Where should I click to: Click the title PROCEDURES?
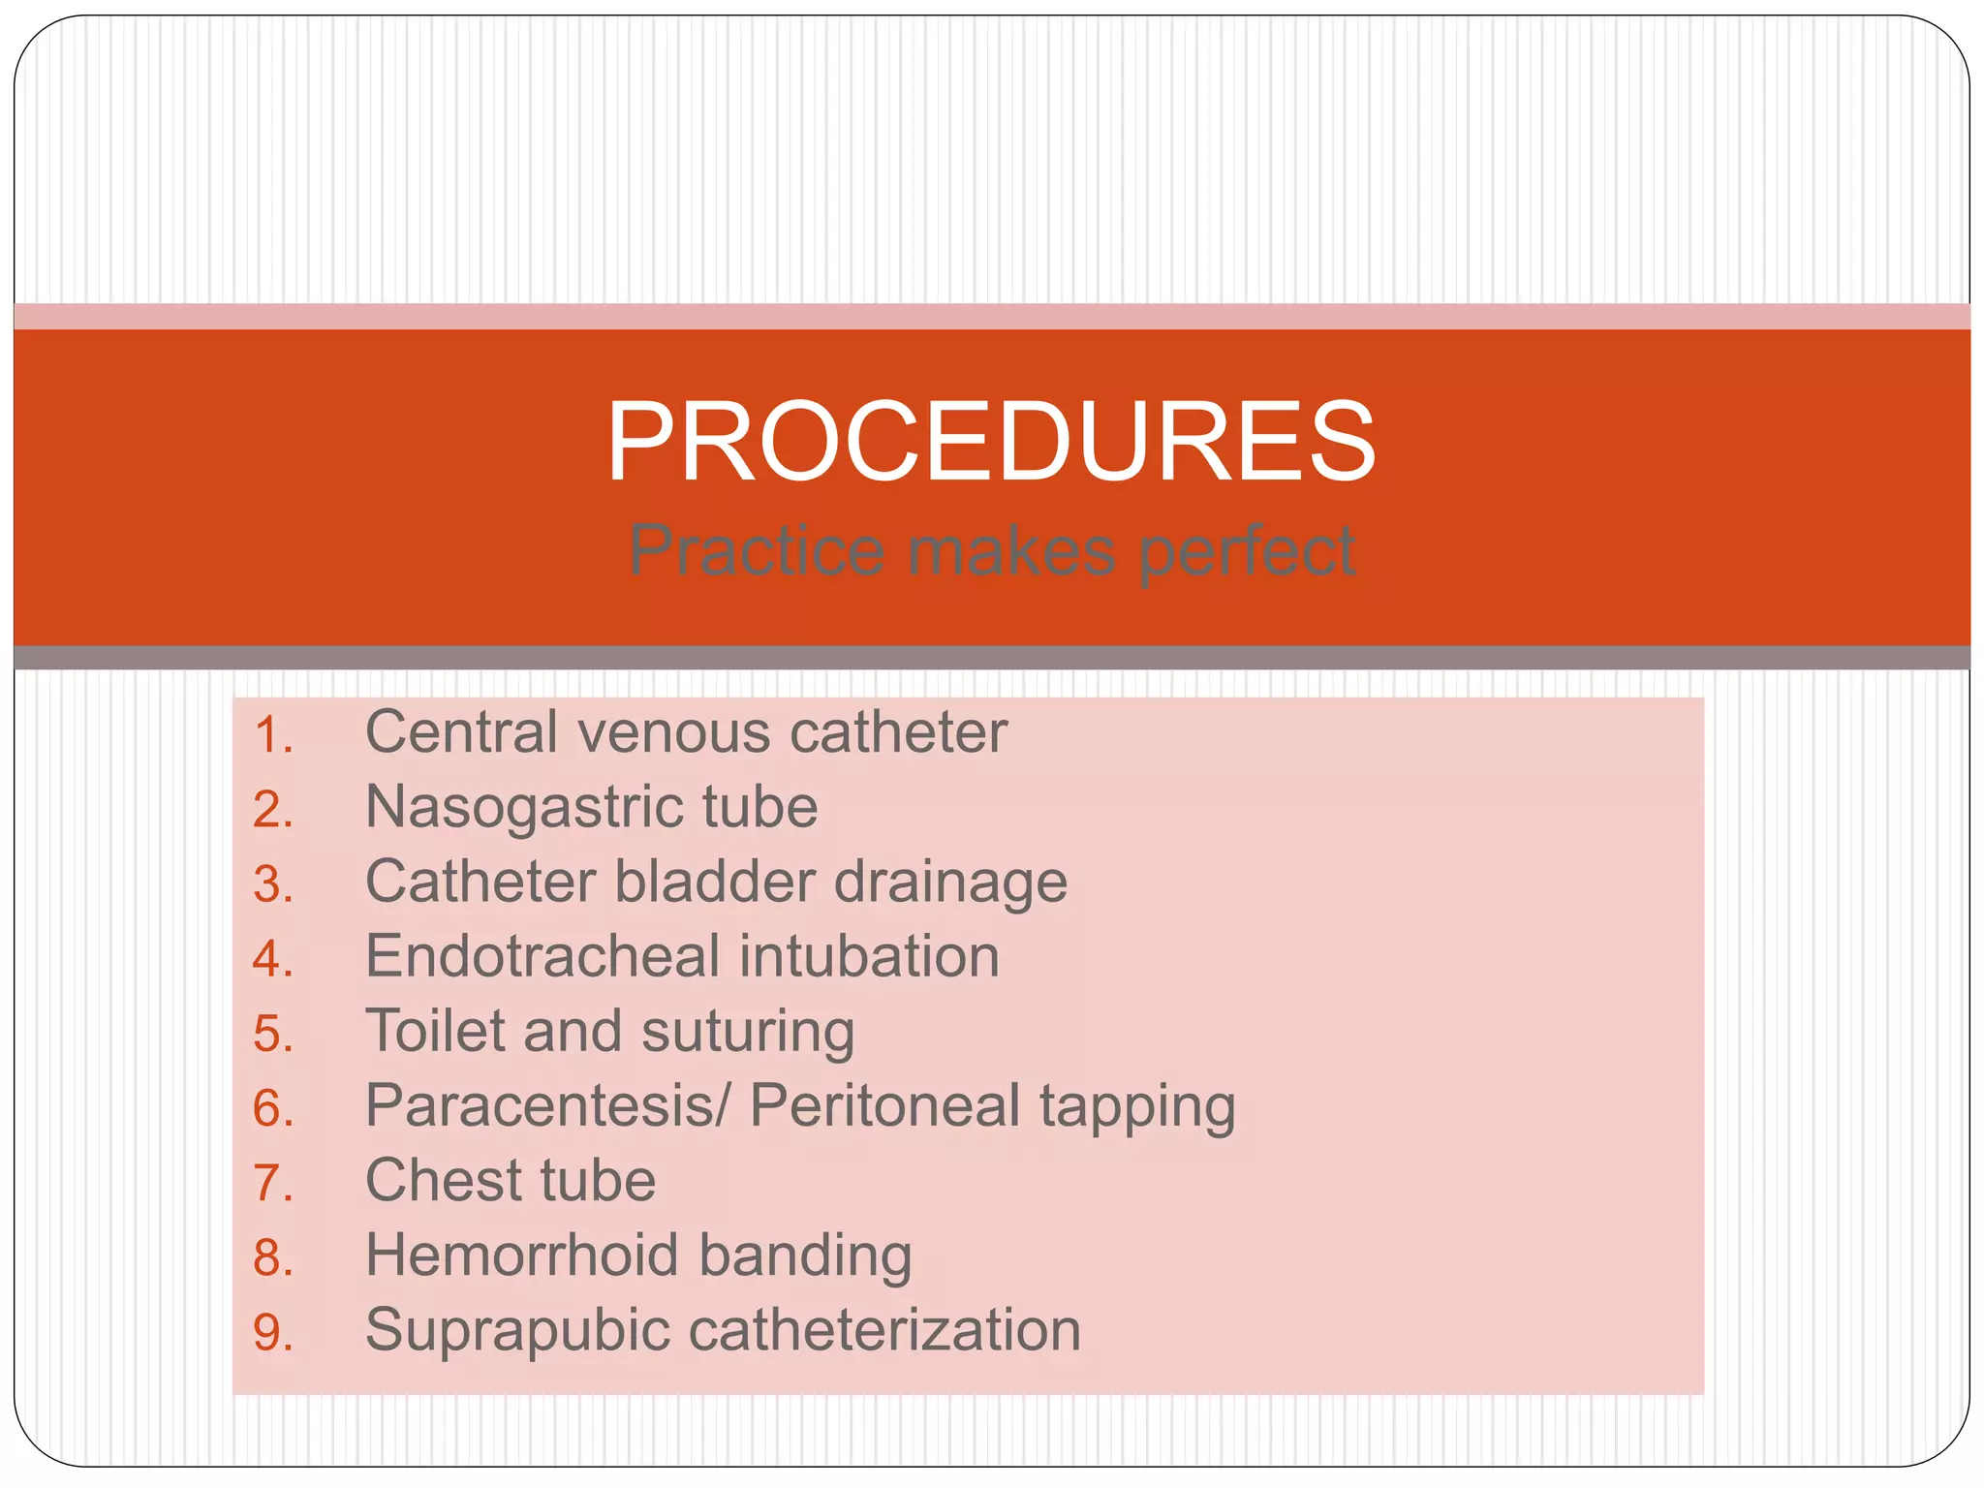click(990, 442)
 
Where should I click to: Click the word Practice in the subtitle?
click(757, 550)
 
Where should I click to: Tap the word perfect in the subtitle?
click(1247, 550)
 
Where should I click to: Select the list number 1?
click(272, 734)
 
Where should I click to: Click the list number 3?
click(272, 884)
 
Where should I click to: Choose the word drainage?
click(950, 883)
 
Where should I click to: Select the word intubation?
click(869, 956)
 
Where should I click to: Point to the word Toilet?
click(435, 1031)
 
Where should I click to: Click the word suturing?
click(748, 1033)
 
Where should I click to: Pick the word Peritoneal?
click(884, 1105)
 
